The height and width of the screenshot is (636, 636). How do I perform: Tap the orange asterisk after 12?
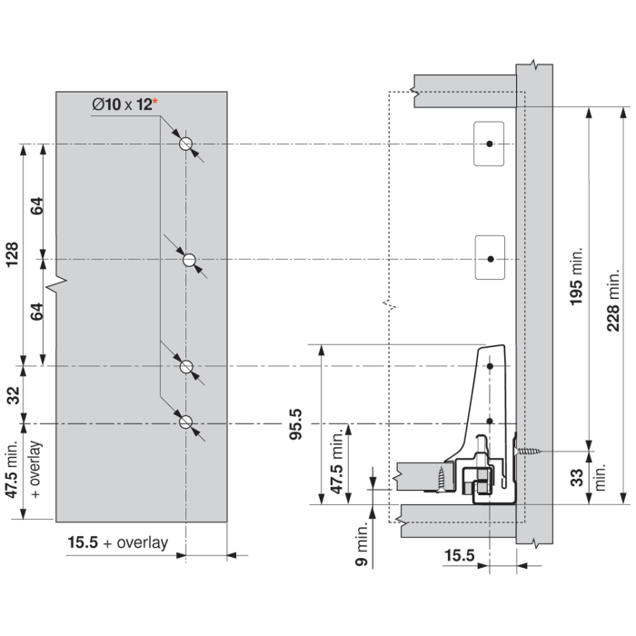coord(155,101)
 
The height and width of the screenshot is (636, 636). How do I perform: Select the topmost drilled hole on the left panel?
coord(185,144)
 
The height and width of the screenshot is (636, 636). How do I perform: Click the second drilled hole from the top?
coord(189,260)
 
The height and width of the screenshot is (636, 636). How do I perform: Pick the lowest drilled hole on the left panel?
coord(185,422)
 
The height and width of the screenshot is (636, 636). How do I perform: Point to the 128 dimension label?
coord(13,254)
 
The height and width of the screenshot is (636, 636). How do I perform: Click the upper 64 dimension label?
coord(37,205)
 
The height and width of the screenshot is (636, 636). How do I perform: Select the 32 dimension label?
coord(14,395)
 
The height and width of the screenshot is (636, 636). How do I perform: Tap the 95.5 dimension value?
coord(295,424)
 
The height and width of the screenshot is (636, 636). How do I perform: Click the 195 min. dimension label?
coord(576,276)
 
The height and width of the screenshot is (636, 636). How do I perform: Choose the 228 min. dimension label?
coord(613,300)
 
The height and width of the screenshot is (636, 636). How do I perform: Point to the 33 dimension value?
coord(576,477)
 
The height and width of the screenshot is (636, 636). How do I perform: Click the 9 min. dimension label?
coord(361,543)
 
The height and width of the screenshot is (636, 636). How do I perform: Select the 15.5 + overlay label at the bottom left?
coord(117,542)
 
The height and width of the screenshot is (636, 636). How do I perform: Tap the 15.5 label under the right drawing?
coord(459,555)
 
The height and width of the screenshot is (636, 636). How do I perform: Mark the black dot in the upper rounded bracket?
coord(490,144)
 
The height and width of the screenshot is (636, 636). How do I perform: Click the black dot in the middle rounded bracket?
coord(491,259)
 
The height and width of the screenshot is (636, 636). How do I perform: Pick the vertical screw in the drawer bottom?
coord(441,480)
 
